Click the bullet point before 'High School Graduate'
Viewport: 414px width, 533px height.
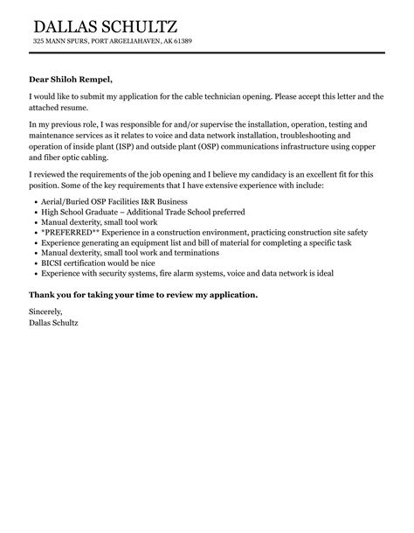click(33, 213)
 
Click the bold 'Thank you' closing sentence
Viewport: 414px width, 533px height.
click(143, 295)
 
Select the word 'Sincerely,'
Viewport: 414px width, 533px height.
click(47, 312)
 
